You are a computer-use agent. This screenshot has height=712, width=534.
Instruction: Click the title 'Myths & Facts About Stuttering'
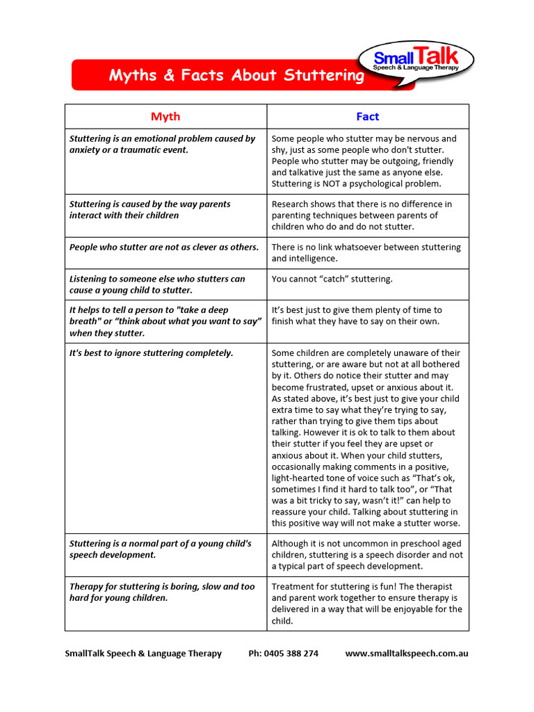tap(236, 76)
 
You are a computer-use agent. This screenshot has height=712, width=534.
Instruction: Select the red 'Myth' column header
tap(165, 117)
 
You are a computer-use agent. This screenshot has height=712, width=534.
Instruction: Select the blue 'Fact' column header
tap(367, 117)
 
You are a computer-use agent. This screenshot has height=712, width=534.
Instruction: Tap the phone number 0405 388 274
tap(283, 654)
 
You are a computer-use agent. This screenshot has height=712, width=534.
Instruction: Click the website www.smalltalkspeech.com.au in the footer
tap(406, 654)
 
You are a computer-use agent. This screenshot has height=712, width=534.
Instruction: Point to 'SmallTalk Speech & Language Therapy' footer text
tap(143, 654)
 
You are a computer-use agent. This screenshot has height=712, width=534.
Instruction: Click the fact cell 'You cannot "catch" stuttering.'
tap(332, 279)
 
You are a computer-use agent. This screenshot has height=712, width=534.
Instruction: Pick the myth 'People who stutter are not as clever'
tap(164, 247)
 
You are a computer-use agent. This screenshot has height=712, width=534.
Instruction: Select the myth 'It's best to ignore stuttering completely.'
tap(152, 353)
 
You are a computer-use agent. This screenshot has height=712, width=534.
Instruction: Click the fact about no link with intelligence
tap(366, 252)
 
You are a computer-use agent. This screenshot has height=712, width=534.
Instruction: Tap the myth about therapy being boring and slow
tap(162, 592)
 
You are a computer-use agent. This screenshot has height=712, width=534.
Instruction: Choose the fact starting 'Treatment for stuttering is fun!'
tap(366, 604)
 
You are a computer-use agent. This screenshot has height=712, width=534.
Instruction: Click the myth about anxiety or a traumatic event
tap(162, 144)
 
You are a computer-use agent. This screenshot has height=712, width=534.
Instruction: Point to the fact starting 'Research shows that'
tap(362, 215)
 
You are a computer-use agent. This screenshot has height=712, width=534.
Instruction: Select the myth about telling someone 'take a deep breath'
tap(165, 321)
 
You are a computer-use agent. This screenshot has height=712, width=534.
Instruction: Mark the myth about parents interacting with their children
tap(149, 209)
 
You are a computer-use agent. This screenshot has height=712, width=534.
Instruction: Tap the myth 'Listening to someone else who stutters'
tap(157, 284)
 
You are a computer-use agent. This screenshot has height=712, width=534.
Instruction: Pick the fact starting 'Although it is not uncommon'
tap(366, 555)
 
